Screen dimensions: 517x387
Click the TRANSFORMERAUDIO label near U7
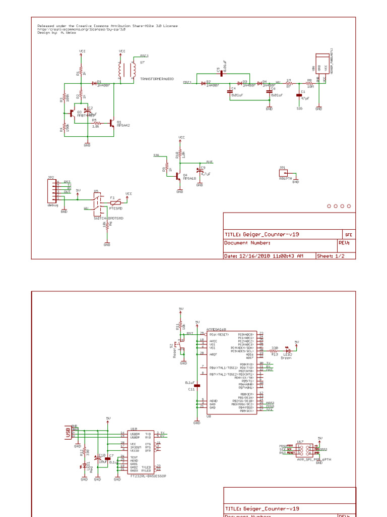point(157,79)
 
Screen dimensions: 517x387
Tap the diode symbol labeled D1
point(94,82)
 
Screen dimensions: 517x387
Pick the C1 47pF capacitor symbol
point(299,94)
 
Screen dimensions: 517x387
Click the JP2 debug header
point(52,191)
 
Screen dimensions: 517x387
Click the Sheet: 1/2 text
point(331,256)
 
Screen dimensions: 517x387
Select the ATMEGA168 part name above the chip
point(217,329)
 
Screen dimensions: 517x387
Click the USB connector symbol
point(68,432)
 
